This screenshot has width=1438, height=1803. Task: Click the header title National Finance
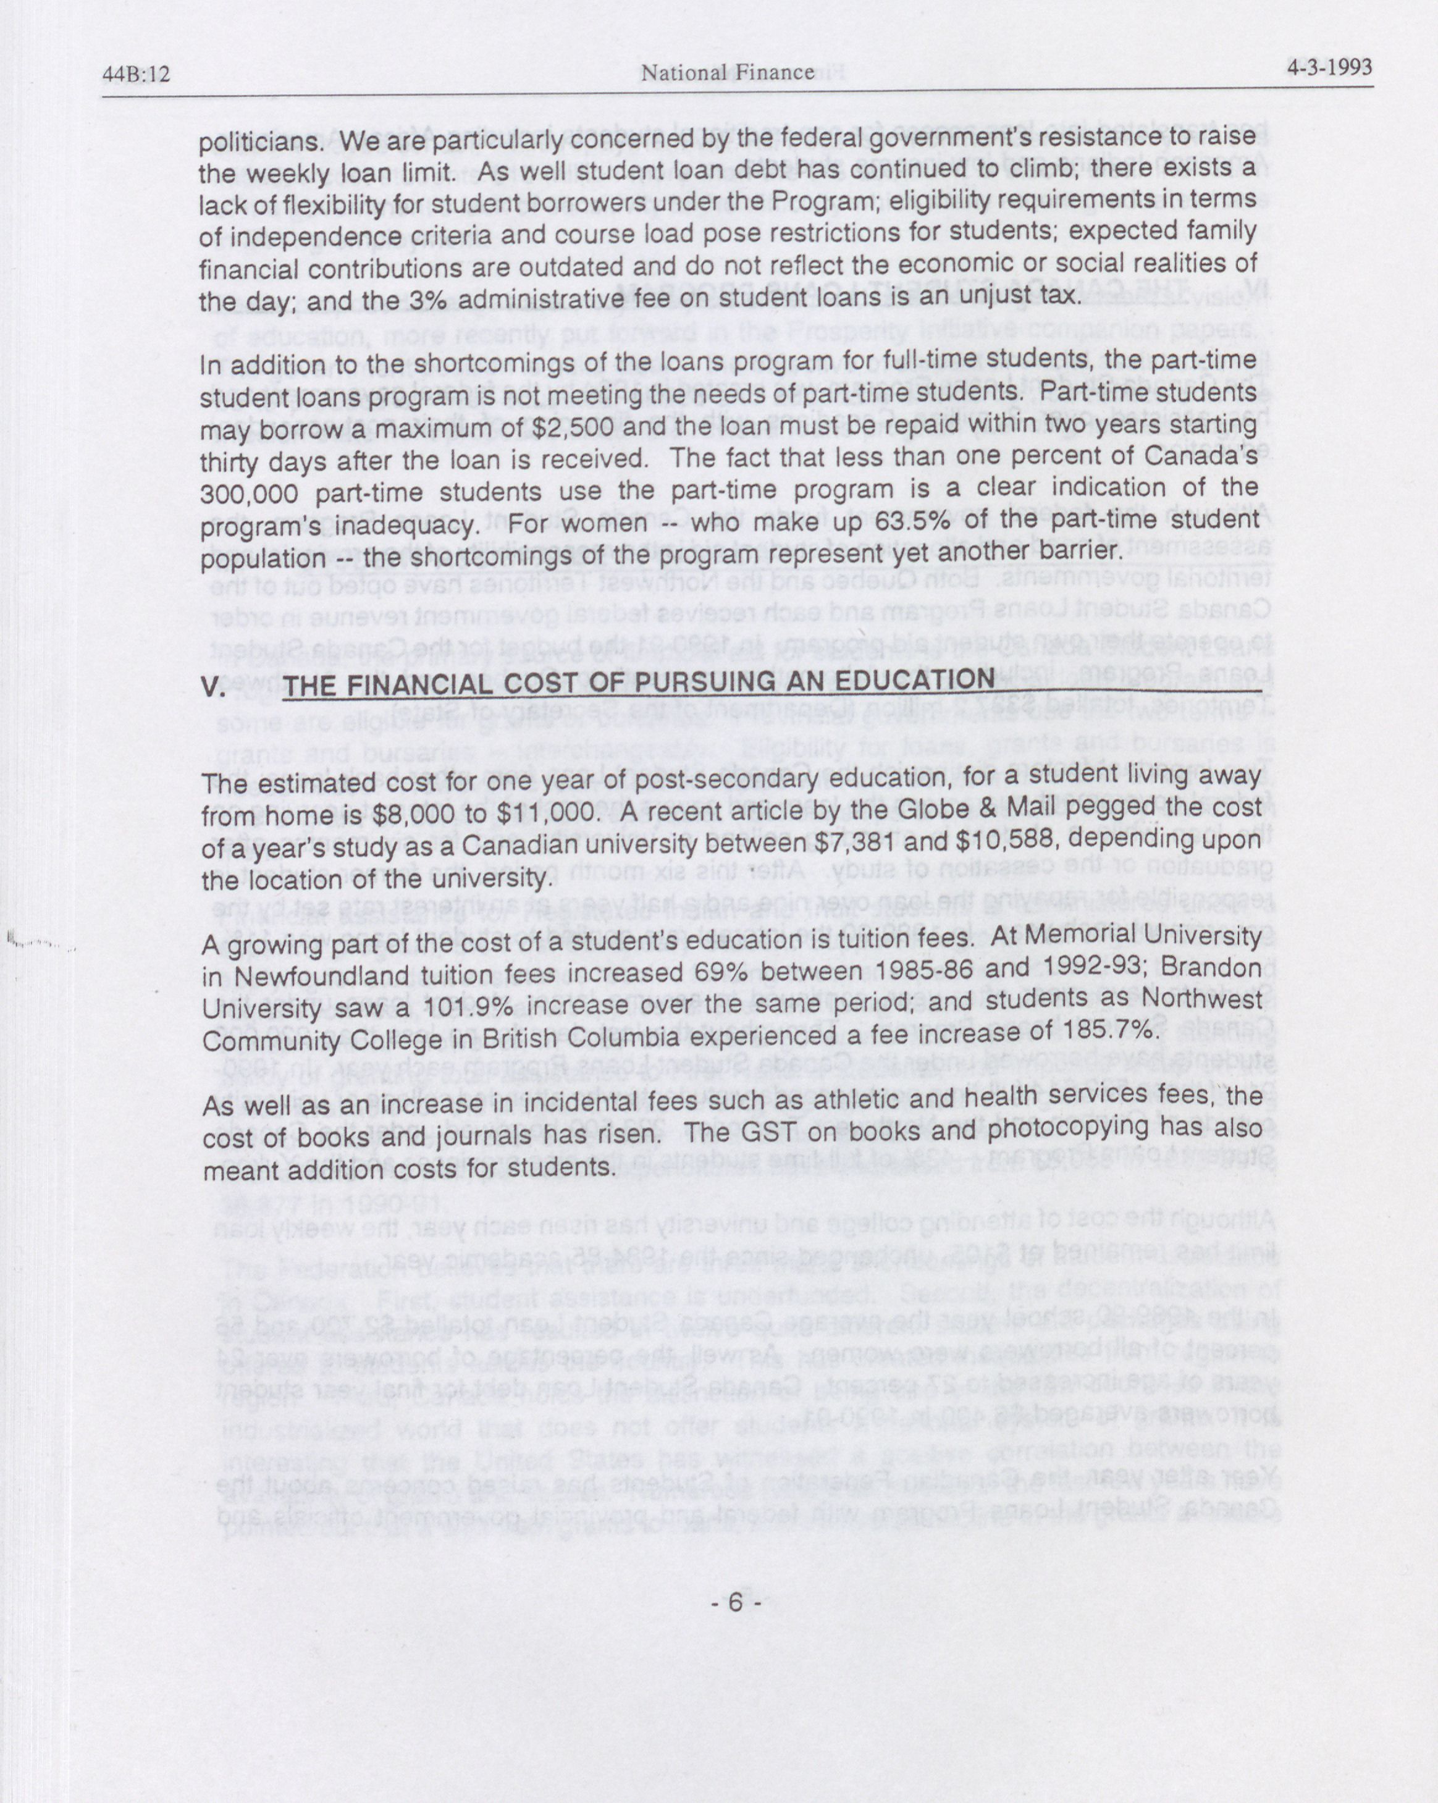[x=727, y=73]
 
